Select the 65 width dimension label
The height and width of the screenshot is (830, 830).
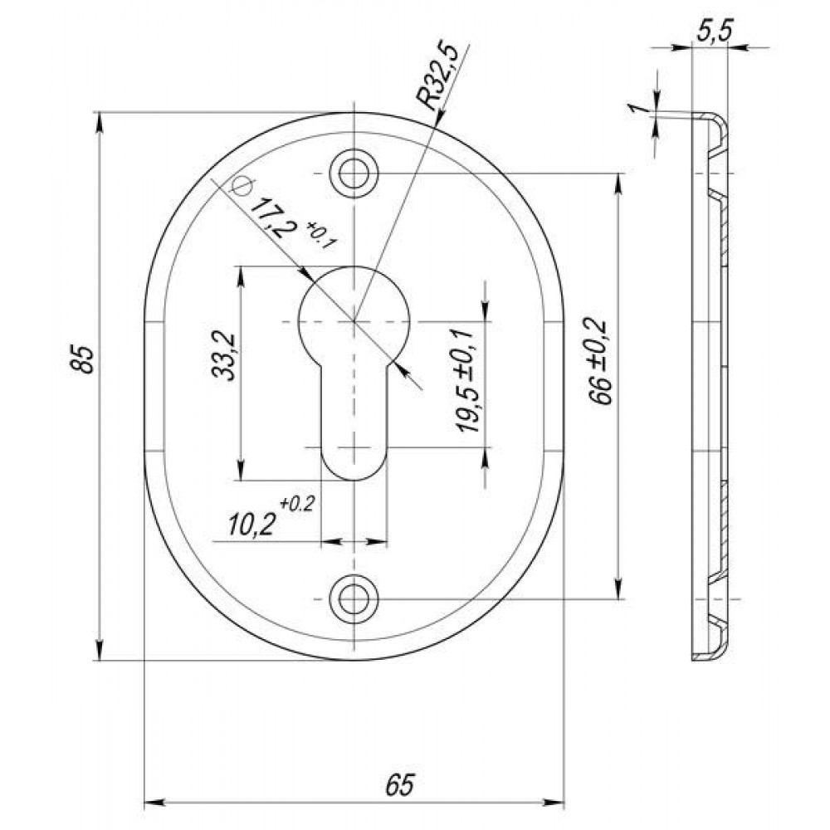tap(400, 784)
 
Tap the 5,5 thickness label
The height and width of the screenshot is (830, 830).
tap(714, 32)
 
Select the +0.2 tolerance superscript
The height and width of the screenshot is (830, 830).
tap(298, 503)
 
